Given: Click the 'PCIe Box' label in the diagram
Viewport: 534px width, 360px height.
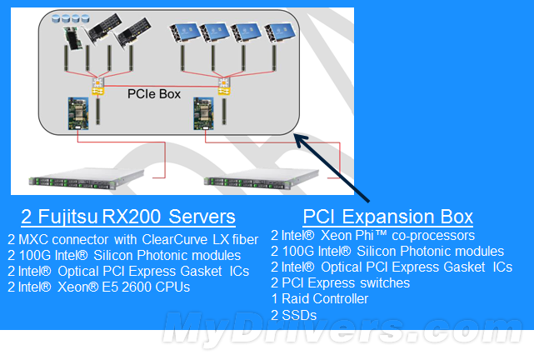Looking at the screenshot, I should pyautogui.click(x=153, y=94).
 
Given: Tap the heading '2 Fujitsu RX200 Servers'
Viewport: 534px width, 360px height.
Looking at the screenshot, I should pyautogui.click(x=127, y=217).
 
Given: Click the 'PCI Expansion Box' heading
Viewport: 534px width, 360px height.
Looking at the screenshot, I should pyautogui.click(x=388, y=217).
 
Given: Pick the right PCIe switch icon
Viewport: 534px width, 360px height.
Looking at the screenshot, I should pyautogui.click(x=223, y=83).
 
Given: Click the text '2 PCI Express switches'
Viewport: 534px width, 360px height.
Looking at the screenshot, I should pyautogui.click(x=341, y=282).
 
